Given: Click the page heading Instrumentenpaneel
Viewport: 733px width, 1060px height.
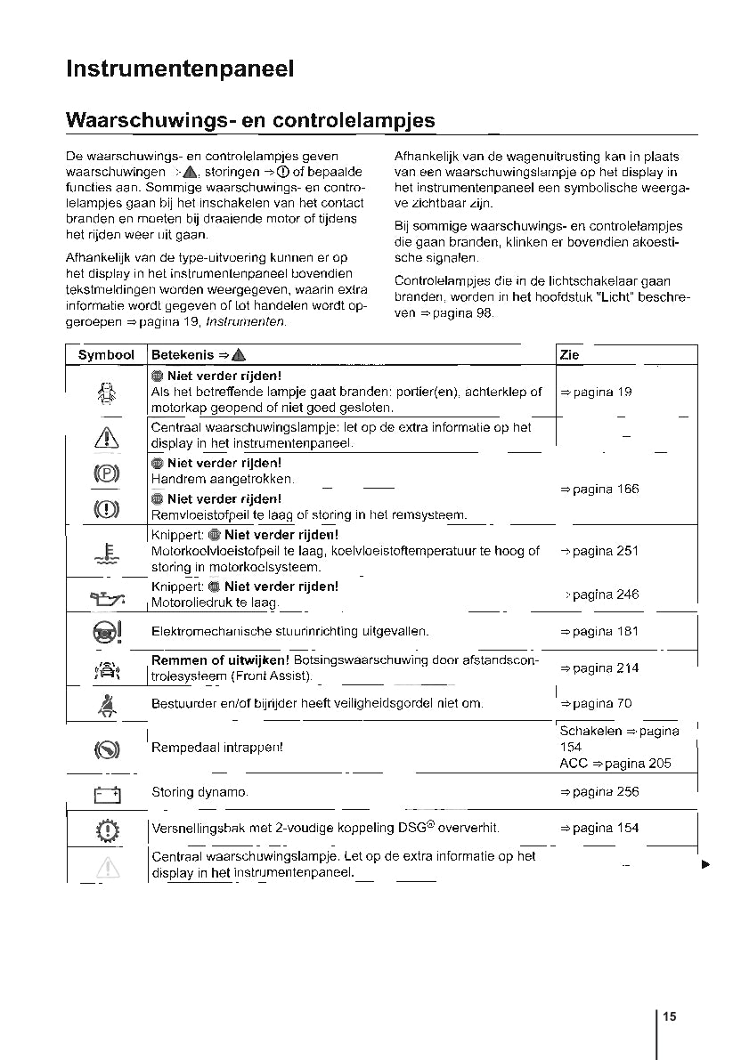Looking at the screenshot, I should click(x=180, y=69).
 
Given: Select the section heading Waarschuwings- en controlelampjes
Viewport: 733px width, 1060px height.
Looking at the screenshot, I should click(x=250, y=120).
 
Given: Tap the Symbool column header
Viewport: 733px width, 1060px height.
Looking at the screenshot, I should click(x=106, y=355).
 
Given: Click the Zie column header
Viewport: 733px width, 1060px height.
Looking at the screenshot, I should click(x=569, y=355).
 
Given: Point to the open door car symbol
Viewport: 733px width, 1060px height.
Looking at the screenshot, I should click(x=107, y=392).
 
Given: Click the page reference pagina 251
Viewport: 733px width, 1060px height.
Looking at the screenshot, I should click(x=599, y=551).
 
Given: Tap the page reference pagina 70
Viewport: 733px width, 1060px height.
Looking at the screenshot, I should click(x=595, y=704).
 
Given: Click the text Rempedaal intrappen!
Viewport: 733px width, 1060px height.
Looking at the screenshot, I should click(x=217, y=748).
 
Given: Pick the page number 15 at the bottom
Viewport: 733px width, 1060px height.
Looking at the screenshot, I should click(x=670, y=1016).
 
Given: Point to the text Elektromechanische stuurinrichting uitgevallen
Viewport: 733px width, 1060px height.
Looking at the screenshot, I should click(x=290, y=632).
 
